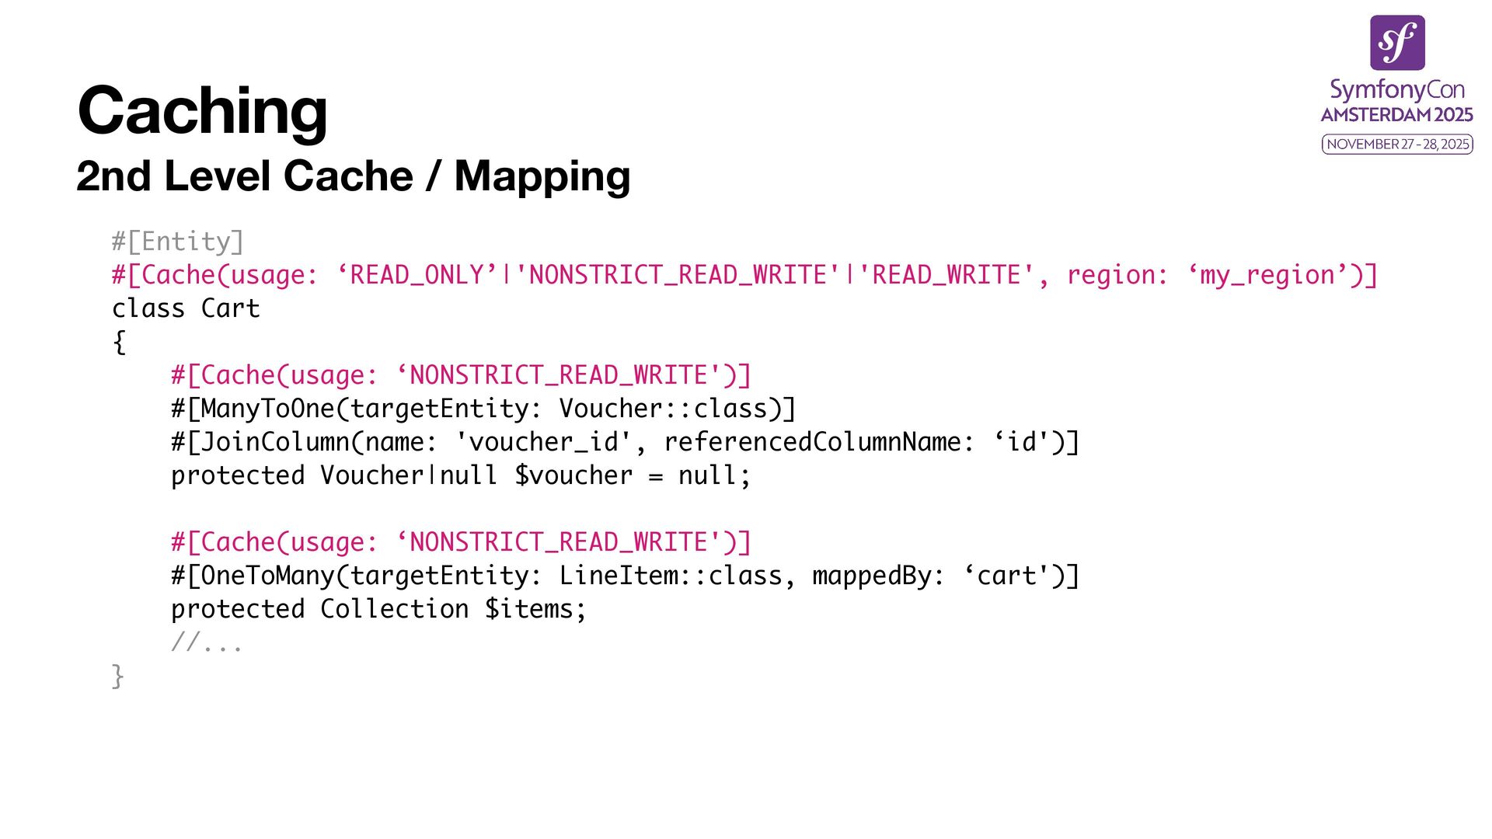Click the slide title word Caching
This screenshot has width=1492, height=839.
tap(202, 110)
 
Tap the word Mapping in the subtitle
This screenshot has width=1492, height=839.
tap(542, 176)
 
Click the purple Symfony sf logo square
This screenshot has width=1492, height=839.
tap(1397, 43)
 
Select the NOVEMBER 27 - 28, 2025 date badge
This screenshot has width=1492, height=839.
tap(1397, 144)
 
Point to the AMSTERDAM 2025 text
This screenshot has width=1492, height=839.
tap(1397, 115)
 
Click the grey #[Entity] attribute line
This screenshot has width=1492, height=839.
tap(178, 242)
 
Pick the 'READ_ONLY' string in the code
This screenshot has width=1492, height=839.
tap(417, 275)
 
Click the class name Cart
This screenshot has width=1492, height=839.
tap(230, 308)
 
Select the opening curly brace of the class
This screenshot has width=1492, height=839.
tap(119, 342)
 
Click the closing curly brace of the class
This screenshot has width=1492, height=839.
tap(118, 676)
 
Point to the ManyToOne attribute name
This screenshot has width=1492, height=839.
tap(267, 409)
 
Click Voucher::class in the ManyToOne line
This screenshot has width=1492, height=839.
tap(663, 409)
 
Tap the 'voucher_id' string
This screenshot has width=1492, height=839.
tap(543, 442)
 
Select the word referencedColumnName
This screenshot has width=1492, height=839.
tap(812, 442)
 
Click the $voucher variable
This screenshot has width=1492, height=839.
tap(573, 475)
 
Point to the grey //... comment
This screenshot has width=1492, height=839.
tap(207, 642)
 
